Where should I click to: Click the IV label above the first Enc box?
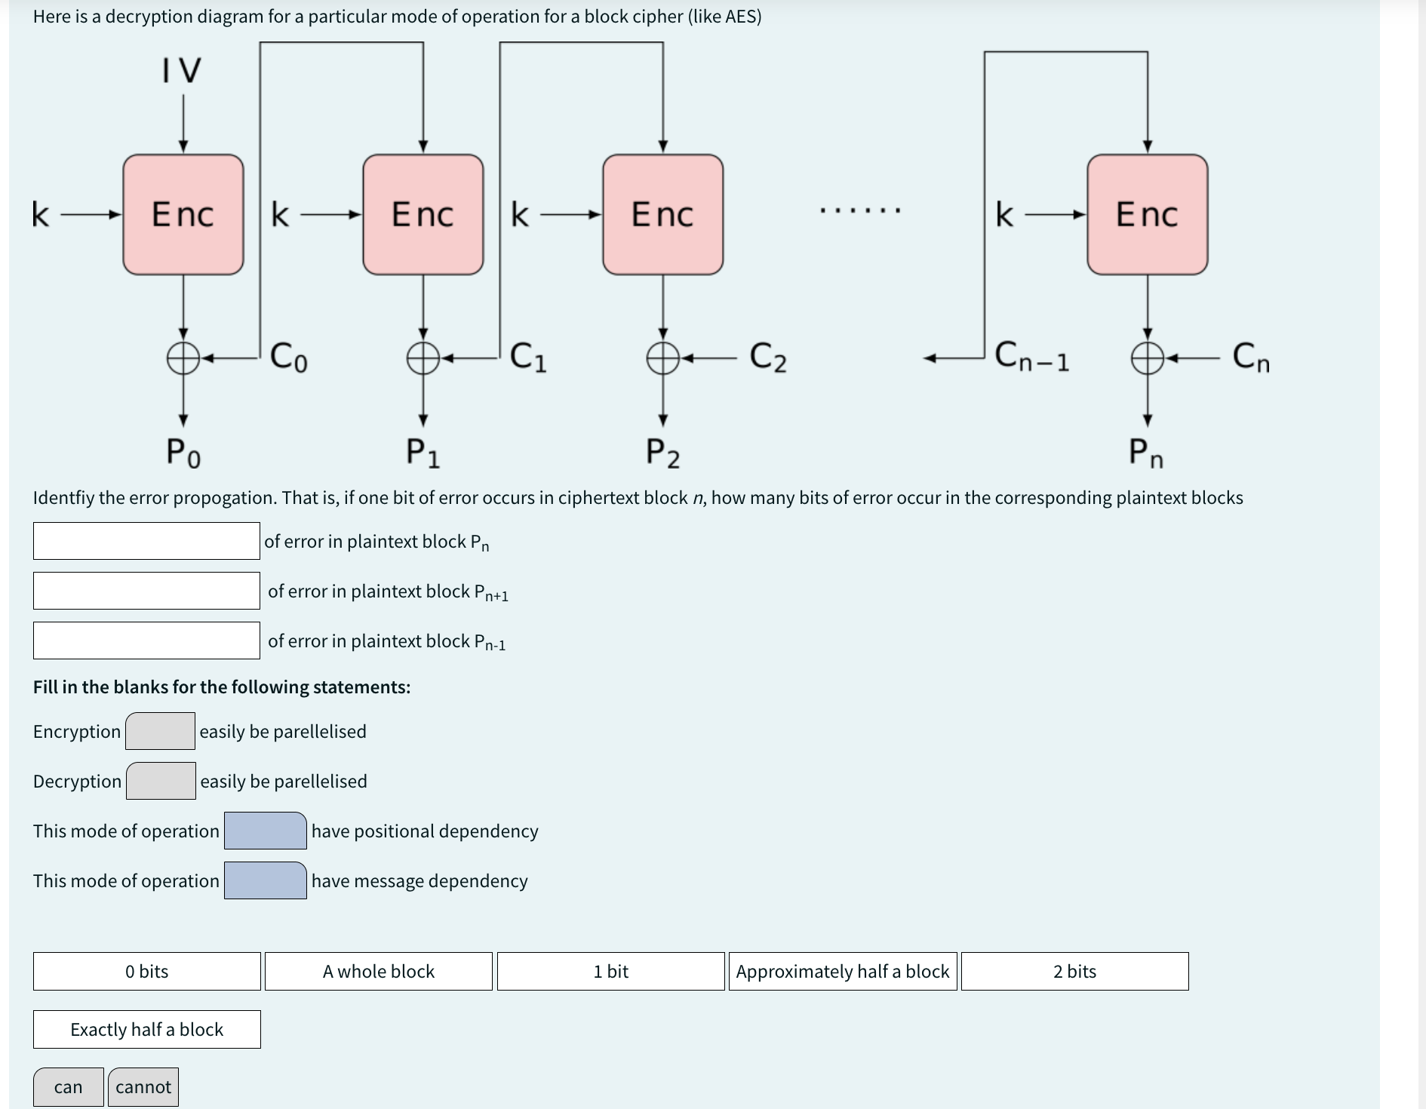[182, 70]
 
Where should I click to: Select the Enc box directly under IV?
[183, 215]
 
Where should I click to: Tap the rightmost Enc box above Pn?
[1147, 215]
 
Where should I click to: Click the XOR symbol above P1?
[423, 358]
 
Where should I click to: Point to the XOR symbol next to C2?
[662, 358]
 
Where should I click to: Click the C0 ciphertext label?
[289, 356]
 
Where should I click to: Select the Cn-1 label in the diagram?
[1031, 356]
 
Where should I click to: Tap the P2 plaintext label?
[662, 453]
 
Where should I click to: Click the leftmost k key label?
[41, 215]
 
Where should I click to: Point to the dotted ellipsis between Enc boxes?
[860, 210]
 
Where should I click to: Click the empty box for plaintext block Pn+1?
[146, 591]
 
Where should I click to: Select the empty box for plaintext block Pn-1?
[146, 641]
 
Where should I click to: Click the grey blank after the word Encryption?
[160, 731]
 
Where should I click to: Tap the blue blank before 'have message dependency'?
[266, 880]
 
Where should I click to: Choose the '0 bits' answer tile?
[147, 971]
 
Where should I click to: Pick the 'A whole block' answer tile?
[379, 971]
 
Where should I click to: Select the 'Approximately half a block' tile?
[843, 971]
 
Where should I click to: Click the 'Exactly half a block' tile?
[147, 1029]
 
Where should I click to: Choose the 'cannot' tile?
[143, 1087]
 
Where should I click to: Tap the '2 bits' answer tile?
[1074, 971]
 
